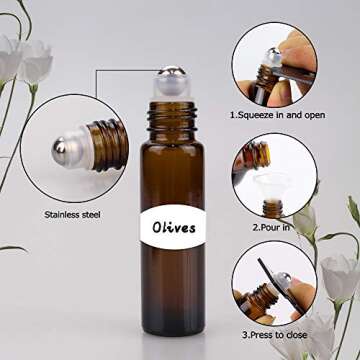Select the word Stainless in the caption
[69, 213]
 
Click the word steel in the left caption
[104, 213]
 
